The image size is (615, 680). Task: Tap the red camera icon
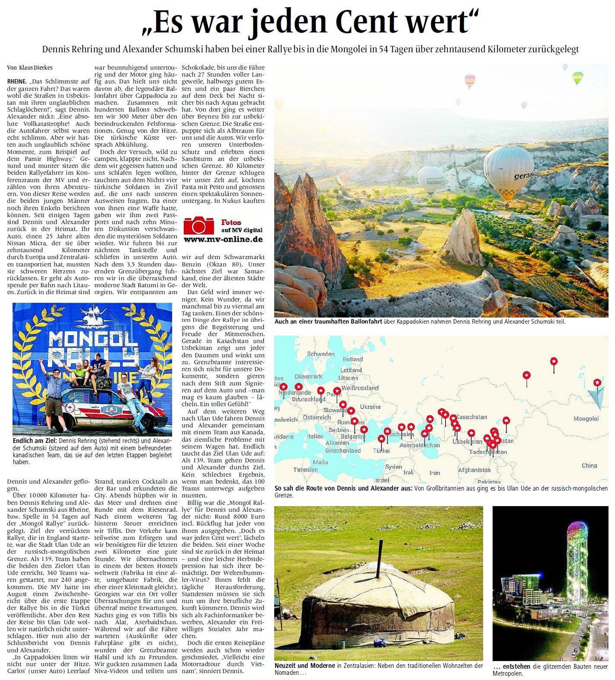pyautogui.click(x=199, y=225)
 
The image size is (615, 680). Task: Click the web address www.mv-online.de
pyautogui.click(x=223, y=239)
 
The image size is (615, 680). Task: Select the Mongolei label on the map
pyautogui.click(x=586, y=419)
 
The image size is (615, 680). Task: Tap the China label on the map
pyautogui.click(x=589, y=465)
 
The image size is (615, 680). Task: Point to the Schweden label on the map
pyautogui.click(x=320, y=354)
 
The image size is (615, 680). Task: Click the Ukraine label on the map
pyautogui.click(x=370, y=407)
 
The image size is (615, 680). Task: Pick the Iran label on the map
pyautogui.click(x=435, y=473)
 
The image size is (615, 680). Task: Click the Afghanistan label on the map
pyautogui.click(x=474, y=470)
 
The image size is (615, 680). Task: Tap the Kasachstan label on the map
pyautogui.click(x=471, y=417)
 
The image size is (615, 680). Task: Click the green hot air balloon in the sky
pyautogui.click(x=577, y=78)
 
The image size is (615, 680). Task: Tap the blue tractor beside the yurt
pyautogui.click(x=381, y=642)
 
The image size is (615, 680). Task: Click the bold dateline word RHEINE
pyautogui.click(x=17, y=81)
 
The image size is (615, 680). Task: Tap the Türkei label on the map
pyautogui.click(x=381, y=450)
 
